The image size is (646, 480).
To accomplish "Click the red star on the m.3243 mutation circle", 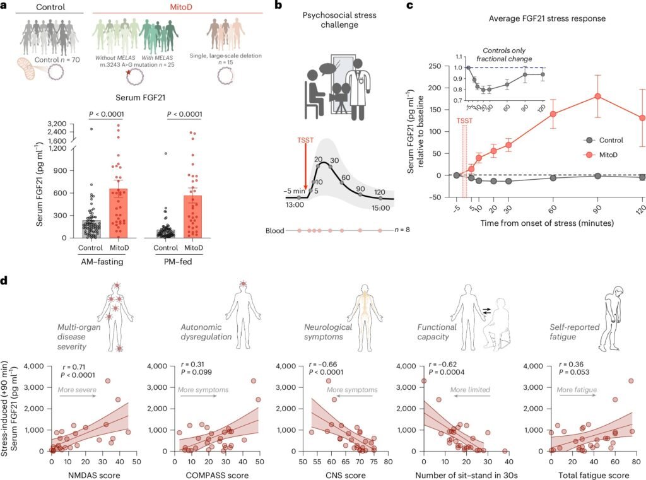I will click(x=129, y=73).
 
